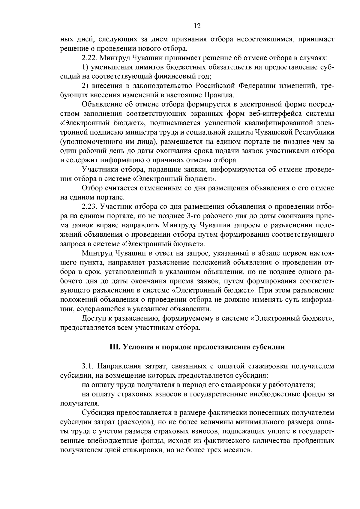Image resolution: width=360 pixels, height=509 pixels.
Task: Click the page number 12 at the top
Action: [197, 26]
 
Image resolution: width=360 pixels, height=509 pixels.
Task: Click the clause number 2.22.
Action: [89, 57]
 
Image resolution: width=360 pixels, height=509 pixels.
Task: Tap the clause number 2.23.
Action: [89, 207]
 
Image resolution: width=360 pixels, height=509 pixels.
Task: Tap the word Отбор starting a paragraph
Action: [91, 188]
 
